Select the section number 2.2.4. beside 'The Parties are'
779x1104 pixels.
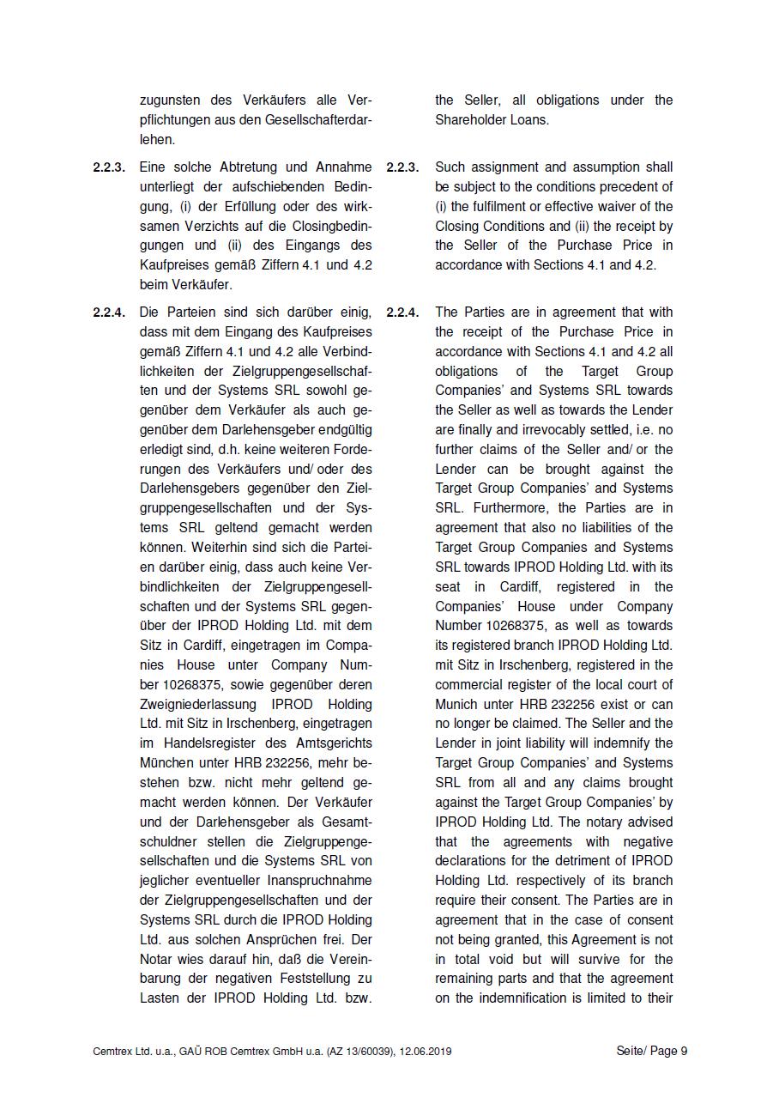coord(402,312)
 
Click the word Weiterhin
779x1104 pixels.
coord(222,548)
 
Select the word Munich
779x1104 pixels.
coord(456,705)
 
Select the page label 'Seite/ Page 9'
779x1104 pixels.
coord(652,1052)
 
